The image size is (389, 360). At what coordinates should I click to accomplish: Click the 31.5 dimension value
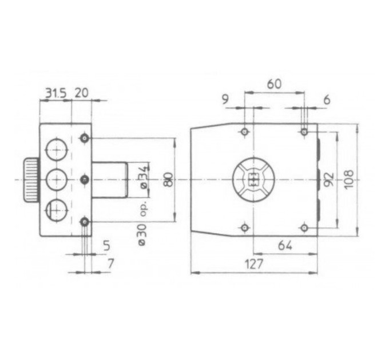click(56, 93)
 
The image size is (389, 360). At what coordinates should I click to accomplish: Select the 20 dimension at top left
click(81, 93)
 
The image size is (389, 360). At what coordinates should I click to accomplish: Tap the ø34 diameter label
click(144, 177)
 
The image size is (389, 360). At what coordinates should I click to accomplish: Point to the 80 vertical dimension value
click(168, 179)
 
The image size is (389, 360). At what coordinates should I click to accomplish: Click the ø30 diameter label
click(142, 235)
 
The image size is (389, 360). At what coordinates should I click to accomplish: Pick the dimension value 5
click(106, 246)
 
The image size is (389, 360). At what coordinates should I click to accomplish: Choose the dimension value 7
click(110, 263)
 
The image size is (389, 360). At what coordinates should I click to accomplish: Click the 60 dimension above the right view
click(275, 84)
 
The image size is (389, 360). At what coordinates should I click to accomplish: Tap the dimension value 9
click(225, 99)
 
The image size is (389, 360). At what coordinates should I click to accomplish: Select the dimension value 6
click(327, 100)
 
